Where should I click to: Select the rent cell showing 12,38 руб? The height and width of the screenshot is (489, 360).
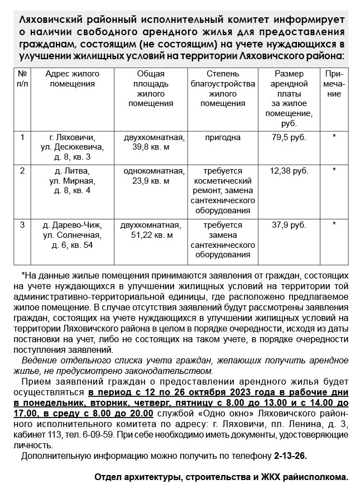click(289, 170)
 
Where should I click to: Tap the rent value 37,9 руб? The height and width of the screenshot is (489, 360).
click(289, 225)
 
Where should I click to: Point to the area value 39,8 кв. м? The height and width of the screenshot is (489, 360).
click(151, 147)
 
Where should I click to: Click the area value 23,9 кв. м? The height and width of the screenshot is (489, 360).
click(151, 180)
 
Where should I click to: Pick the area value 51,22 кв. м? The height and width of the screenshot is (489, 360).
click(151, 235)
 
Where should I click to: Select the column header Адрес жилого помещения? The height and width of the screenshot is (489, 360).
click(73, 79)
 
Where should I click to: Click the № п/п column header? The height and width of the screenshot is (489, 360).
click(23, 79)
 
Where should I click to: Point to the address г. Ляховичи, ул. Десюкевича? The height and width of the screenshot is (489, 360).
click(73, 147)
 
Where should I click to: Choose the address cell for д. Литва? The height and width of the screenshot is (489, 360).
click(73, 180)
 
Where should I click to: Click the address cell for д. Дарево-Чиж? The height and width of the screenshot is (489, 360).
click(73, 235)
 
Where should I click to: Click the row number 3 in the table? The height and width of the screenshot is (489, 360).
click(23, 225)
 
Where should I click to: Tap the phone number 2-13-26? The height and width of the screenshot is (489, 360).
click(290, 456)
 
